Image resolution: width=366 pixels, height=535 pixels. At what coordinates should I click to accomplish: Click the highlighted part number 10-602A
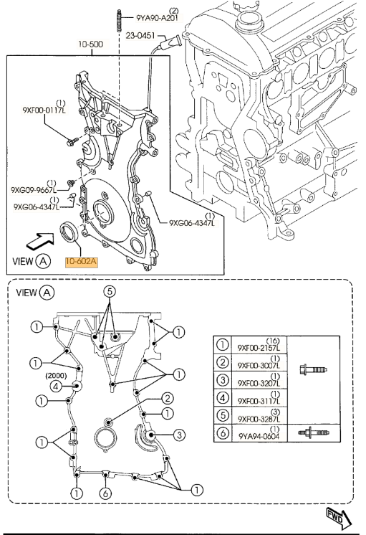click(x=82, y=262)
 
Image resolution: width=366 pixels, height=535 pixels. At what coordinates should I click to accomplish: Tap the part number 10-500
click(x=90, y=44)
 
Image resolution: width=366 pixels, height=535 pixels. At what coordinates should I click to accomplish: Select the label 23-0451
click(x=140, y=35)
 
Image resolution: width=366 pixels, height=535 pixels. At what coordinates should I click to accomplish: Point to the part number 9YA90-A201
click(x=158, y=18)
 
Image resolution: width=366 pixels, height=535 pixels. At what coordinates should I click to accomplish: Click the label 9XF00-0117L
click(x=45, y=110)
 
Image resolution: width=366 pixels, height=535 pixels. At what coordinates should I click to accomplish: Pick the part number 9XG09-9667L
click(x=34, y=190)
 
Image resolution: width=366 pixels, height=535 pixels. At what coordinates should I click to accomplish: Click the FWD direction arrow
click(x=339, y=517)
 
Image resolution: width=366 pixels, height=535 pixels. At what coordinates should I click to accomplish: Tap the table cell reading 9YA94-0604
click(x=259, y=436)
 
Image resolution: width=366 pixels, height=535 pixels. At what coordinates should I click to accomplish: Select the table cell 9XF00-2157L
click(x=259, y=348)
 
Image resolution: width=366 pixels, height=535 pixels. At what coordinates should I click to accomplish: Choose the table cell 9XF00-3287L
click(x=259, y=419)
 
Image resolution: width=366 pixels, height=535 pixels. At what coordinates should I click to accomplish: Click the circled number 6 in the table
click(x=223, y=433)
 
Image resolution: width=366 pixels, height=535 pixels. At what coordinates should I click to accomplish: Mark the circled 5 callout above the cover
click(x=110, y=292)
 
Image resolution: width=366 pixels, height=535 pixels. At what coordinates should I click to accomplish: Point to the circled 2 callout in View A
click(x=168, y=398)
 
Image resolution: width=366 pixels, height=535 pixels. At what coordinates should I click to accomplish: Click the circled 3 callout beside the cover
click(x=180, y=435)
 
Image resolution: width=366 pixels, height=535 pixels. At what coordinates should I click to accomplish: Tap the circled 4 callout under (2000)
click(x=57, y=387)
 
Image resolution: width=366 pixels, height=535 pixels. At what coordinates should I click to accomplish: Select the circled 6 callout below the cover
click(x=105, y=493)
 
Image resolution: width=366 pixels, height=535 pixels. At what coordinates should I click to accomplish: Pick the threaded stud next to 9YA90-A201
click(x=120, y=21)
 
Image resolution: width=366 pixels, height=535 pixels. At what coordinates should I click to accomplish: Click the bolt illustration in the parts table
click(x=313, y=369)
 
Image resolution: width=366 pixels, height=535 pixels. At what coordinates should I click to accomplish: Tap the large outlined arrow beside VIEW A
click(x=40, y=241)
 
